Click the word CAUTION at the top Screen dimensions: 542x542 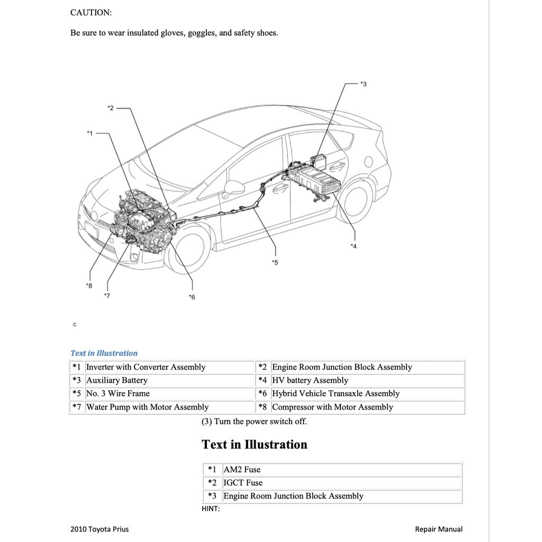point(91,13)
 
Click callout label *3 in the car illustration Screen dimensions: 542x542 point(363,84)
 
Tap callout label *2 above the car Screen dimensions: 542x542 point(110,108)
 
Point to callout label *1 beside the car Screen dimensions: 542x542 point(89,133)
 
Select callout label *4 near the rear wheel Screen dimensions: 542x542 point(353,246)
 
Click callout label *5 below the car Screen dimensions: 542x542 point(274,262)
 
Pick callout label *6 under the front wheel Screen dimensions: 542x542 point(192,297)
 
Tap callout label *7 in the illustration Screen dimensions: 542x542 point(107,295)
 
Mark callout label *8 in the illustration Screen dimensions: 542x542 point(88,285)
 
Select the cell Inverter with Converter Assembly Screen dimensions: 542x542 point(146,367)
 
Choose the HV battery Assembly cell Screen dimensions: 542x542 point(310,381)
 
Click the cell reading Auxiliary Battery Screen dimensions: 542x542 point(117,381)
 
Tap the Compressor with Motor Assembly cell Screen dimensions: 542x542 point(332,407)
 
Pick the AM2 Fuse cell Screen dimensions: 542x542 point(242,469)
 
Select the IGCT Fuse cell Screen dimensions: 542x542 point(243,483)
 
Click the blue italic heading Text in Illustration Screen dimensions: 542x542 point(104,353)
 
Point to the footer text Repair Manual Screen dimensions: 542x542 point(438,529)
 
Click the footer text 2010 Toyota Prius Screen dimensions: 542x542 point(99,529)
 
